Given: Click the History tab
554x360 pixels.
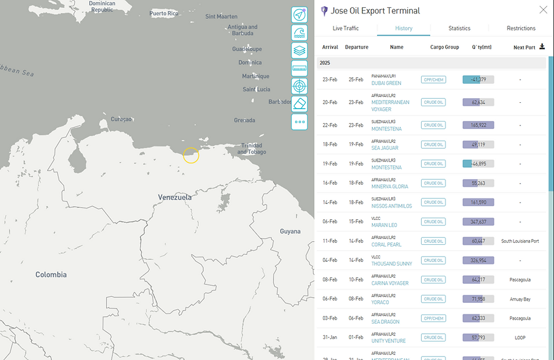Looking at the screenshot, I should [x=404, y=28].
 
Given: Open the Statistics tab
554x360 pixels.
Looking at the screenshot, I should [x=459, y=28].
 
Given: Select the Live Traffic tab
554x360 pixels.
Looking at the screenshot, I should [x=345, y=28].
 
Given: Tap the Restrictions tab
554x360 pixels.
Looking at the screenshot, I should [x=521, y=28].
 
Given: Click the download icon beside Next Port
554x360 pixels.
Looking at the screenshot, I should [x=542, y=47].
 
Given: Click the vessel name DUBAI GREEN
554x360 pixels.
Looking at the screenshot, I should [x=386, y=84].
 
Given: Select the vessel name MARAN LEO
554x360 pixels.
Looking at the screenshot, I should [x=384, y=225].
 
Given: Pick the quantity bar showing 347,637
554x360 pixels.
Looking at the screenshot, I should [x=478, y=222].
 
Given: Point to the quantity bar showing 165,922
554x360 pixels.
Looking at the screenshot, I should [x=478, y=125].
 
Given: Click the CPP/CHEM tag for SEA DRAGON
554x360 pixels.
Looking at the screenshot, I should [x=434, y=318].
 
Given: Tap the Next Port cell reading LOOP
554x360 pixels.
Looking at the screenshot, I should [x=520, y=338].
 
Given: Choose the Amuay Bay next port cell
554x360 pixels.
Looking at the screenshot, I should [x=520, y=299].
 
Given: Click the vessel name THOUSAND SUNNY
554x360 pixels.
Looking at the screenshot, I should [x=392, y=264].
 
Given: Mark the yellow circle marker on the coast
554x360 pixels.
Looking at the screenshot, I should [x=191, y=155].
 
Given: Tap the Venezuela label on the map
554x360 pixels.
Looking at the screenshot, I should [x=175, y=197].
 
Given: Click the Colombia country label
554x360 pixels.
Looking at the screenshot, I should [x=51, y=275].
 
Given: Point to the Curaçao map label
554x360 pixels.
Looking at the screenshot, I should [x=121, y=119].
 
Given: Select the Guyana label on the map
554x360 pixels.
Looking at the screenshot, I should [x=291, y=231].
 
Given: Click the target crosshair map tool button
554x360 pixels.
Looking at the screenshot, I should [x=299, y=86].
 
